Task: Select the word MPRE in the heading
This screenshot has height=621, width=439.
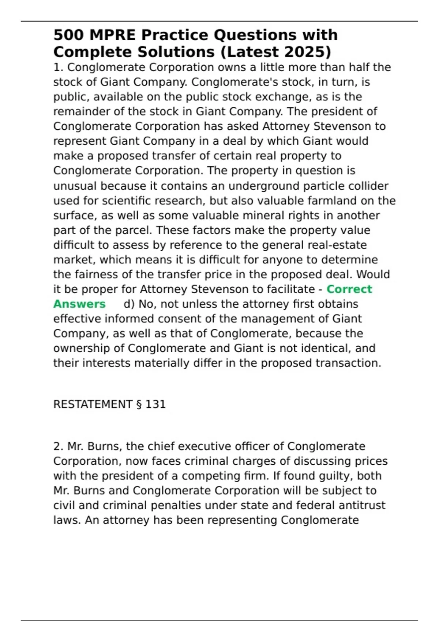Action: pyautogui.click(x=113, y=35)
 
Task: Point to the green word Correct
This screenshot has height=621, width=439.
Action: pyautogui.click(x=349, y=289)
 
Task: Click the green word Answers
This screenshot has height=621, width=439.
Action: pyautogui.click(x=79, y=304)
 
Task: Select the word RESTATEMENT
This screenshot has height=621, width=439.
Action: pyautogui.click(x=93, y=404)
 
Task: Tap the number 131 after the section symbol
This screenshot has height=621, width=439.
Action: pyautogui.click(x=155, y=404)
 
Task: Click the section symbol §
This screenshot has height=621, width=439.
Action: pyautogui.click(x=139, y=404)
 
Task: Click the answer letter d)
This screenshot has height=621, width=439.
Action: pyautogui.click(x=129, y=304)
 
